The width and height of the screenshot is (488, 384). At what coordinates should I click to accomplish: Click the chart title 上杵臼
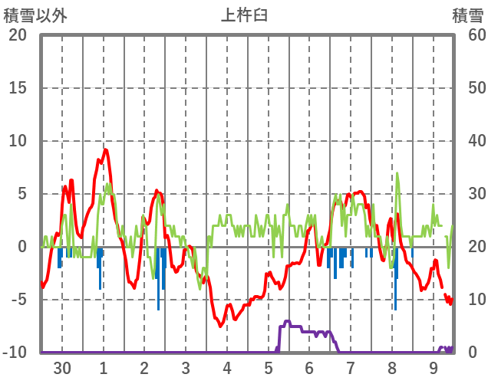pos(244,15)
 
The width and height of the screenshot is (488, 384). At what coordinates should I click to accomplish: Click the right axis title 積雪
pos(467,15)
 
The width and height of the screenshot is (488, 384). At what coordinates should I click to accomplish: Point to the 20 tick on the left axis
pos(17,35)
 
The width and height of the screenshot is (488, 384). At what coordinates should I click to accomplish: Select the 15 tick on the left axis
pos(17,88)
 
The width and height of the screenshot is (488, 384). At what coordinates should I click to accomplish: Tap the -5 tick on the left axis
pos(17,300)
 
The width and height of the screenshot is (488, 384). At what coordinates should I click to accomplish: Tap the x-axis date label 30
pos(62,368)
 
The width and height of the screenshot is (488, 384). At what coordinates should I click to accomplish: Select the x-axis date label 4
pos(227,368)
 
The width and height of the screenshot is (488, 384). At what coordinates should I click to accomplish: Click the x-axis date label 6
pos(309,368)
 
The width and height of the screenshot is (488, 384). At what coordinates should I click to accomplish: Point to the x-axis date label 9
pos(434,368)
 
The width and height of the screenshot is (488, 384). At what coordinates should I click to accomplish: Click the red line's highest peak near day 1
pos(105,150)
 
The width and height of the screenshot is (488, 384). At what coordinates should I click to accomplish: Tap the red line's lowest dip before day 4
pos(221,326)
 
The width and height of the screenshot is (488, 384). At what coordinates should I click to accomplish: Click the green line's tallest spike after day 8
pos(397,173)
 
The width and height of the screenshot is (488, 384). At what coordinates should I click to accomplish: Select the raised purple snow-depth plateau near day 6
pos(288,322)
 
